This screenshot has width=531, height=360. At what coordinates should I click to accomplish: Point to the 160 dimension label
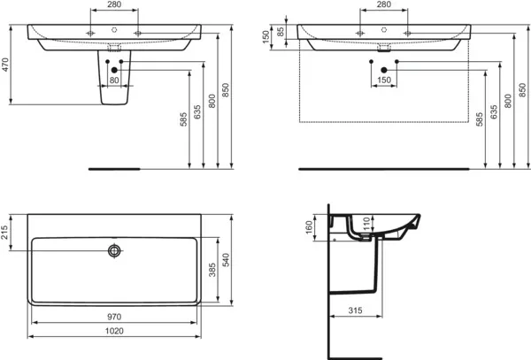311,227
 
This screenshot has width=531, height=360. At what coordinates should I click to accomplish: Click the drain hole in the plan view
113,251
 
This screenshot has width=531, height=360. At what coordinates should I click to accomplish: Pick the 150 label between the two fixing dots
383,80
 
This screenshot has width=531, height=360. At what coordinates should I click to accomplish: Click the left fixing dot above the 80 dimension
104,67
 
